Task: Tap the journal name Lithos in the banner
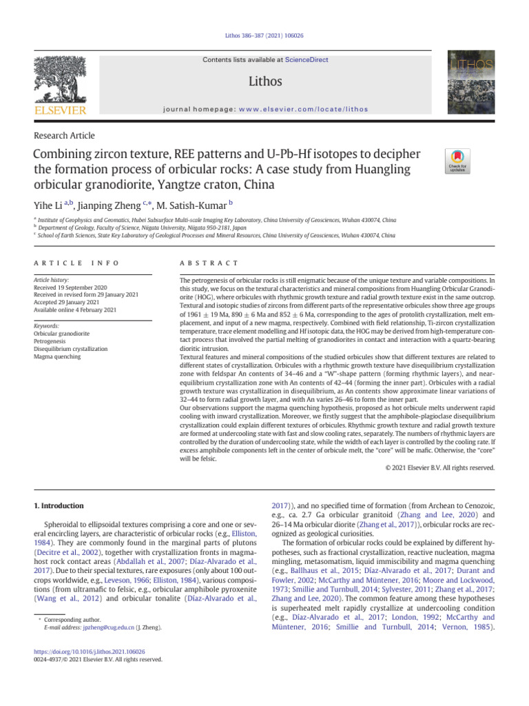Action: [265, 81]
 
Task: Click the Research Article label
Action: [64, 136]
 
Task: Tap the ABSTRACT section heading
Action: [209, 263]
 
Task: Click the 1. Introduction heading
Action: [59, 507]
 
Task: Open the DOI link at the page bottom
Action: [89, 651]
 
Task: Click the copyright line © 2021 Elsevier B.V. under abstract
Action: [441, 468]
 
